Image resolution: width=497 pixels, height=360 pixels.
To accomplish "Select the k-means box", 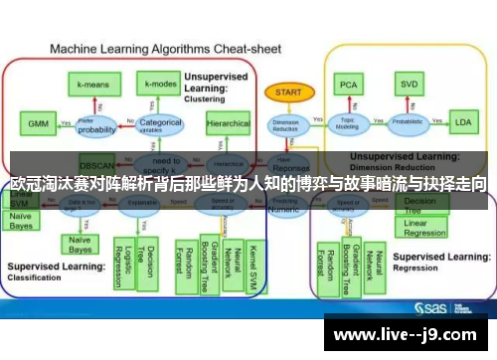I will point(94,86).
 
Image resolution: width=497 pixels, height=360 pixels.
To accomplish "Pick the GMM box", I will point(38,124).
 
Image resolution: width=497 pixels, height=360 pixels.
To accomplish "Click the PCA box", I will point(347,86).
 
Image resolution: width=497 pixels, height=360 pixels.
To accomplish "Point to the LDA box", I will point(463,123).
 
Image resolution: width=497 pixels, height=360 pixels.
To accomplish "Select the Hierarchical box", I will point(228,124).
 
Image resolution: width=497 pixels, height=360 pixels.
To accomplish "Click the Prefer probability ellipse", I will point(97,125).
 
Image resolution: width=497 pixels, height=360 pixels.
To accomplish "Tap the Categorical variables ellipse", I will point(161,125).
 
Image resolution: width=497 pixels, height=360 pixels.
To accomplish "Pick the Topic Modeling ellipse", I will point(346,124).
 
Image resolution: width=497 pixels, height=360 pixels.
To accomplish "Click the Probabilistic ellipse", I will point(407,124).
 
